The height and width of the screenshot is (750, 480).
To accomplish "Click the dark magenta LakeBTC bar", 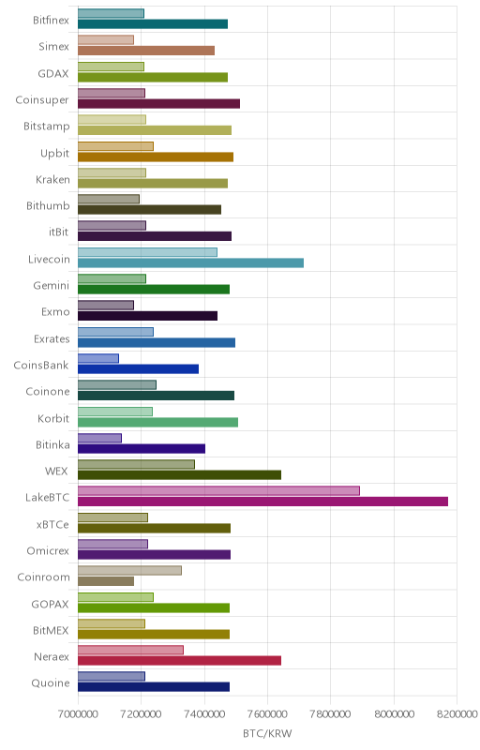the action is (262, 502).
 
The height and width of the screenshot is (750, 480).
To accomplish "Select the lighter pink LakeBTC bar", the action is (218, 490).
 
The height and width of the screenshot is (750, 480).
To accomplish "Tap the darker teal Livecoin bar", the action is (190, 262).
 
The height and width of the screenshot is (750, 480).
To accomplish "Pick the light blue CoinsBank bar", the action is (98, 358).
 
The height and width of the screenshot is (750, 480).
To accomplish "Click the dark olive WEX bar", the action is (179, 475).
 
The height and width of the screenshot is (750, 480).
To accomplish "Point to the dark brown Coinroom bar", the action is (106, 581).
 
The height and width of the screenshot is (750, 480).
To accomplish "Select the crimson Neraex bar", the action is (179, 661).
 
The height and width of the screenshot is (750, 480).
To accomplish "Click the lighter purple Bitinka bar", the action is (99, 438).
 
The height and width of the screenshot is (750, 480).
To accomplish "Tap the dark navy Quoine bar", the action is (154, 687).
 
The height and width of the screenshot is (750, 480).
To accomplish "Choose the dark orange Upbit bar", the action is (156, 157).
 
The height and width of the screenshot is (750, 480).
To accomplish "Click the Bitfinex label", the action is (51, 20).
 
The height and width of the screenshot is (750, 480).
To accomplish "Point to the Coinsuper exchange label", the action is (42, 100).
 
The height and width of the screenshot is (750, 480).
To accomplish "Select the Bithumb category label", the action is (48, 205).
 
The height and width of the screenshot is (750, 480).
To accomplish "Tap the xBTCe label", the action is (52, 524).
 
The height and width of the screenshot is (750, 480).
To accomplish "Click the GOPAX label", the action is (51, 604).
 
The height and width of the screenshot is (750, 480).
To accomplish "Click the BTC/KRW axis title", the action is (267, 733).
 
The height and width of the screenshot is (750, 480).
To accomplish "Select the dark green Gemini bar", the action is (154, 289).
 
